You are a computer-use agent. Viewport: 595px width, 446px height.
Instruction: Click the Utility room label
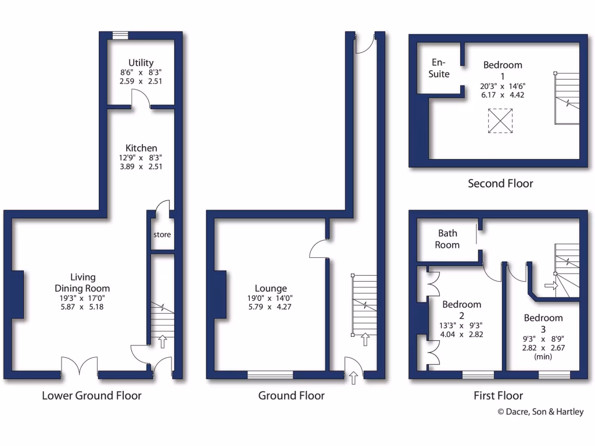click(141, 63)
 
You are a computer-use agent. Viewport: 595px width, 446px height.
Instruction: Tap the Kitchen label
click(141, 148)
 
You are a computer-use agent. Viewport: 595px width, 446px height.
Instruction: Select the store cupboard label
click(162, 235)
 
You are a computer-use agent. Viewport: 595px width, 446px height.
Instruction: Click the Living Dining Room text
click(82, 283)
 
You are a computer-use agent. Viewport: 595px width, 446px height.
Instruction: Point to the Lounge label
click(271, 288)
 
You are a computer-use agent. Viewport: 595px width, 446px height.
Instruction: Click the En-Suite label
click(439, 68)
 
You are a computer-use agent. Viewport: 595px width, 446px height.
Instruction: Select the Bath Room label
click(447, 239)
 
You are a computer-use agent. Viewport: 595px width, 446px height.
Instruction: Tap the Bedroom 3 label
click(543, 318)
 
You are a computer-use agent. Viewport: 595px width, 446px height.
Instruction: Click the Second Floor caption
click(500, 184)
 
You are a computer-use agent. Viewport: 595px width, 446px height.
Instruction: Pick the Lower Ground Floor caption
click(92, 396)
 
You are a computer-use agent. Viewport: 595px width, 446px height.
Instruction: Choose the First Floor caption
click(499, 396)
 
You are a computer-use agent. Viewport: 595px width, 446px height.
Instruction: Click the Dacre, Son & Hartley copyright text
click(540, 412)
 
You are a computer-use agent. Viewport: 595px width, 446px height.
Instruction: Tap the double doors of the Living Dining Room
click(80, 367)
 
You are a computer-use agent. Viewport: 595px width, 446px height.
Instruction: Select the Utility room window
click(120, 35)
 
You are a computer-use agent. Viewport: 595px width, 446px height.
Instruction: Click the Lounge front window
click(270, 375)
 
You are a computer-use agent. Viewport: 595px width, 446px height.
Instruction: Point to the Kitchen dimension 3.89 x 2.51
click(141, 166)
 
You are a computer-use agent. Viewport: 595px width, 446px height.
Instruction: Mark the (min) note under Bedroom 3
click(543, 357)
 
